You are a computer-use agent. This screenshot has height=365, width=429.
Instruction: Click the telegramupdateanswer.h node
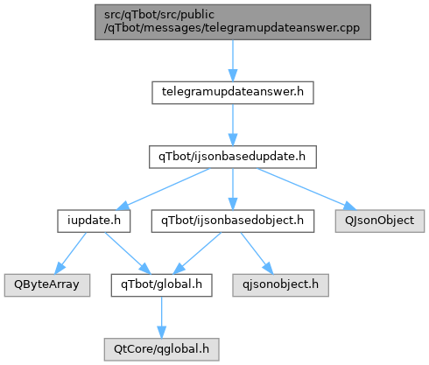(233, 93)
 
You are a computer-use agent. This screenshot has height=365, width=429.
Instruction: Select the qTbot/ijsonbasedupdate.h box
(233, 157)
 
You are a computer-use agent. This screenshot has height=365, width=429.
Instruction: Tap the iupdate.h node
(94, 221)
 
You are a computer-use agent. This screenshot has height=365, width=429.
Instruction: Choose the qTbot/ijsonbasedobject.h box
(233, 221)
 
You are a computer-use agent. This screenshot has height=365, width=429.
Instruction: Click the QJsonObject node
(380, 221)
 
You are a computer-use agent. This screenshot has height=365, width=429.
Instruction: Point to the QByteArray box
(47, 285)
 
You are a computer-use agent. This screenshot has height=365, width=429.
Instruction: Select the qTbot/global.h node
(161, 285)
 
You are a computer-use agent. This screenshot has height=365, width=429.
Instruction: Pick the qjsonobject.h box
(280, 285)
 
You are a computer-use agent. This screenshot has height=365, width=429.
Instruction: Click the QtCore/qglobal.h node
(161, 349)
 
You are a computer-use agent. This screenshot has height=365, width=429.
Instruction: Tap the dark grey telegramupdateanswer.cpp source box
(233, 22)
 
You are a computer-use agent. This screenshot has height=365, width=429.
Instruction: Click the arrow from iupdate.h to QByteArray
(70, 253)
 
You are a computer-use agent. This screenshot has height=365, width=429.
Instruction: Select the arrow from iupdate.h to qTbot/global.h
(128, 253)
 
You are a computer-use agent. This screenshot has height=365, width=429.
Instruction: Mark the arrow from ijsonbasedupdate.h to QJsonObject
(306, 189)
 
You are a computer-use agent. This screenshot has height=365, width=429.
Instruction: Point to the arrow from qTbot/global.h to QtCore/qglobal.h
(161, 318)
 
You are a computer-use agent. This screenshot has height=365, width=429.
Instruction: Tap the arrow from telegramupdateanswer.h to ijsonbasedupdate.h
(233, 125)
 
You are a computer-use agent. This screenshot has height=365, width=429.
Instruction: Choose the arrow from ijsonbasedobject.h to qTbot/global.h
(197, 253)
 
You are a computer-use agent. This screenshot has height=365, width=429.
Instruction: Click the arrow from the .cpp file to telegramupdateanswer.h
(233, 60)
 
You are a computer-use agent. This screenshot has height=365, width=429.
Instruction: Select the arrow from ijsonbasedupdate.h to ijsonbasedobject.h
(233, 189)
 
